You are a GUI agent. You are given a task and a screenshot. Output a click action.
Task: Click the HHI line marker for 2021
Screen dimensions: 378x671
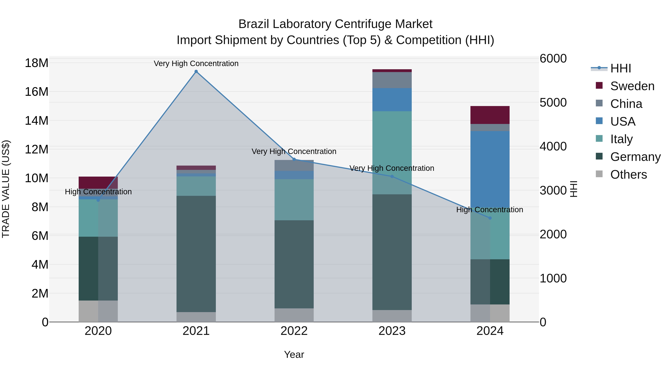tap(196, 71)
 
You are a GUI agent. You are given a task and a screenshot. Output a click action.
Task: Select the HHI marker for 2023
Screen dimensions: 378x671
tap(392, 177)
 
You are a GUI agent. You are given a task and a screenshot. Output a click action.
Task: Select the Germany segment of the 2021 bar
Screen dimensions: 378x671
tap(196, 254)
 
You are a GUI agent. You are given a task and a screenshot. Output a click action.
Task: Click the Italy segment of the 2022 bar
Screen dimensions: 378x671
tap(294, 200)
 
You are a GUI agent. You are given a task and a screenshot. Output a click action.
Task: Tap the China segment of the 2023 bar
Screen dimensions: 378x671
tap(392, 80)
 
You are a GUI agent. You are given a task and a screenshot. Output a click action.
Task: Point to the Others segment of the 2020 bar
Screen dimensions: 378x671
tap(98, 311)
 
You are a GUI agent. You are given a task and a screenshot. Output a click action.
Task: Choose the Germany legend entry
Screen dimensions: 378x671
tap(635, 157)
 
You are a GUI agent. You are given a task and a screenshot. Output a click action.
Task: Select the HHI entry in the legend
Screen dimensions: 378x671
tap(620, 68)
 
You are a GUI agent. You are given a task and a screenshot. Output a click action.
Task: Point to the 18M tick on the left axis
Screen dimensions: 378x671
tap(37, 63)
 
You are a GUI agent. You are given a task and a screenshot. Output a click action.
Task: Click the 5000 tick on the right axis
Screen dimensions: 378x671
tap(553, 102)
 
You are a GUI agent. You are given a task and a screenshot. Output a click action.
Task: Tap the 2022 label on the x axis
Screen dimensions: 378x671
tap(294, 331)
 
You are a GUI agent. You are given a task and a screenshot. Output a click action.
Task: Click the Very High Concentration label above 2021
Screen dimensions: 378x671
tap(196, 63)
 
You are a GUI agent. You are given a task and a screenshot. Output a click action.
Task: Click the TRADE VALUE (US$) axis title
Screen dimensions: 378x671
tap(6, 189)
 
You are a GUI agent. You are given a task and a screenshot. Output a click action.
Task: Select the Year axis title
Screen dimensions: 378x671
tap(294, 354)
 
